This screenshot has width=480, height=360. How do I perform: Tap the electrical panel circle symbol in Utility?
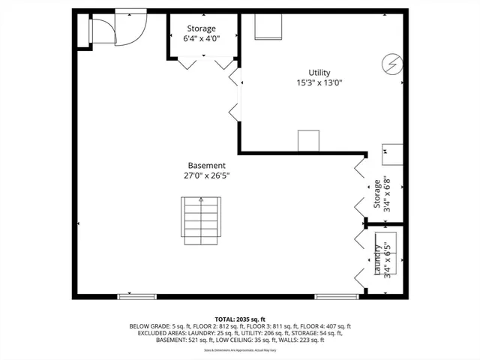pyautogui.click(x=391, y=61)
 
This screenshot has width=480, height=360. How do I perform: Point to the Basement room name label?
pyautogui.click(x=206, y=166)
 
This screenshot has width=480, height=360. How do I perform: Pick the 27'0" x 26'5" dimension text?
pyautogui.click(x=206, y=176)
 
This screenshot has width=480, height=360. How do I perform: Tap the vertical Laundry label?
pyautogui.click(x=378, y=259)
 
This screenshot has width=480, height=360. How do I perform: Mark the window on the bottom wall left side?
pyautogui.click(x=137, y=297)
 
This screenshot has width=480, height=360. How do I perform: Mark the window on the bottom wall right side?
pyautogui.click(x=332, y=297)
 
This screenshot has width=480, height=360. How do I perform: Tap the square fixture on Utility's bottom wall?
pyautogui.click(x=309, y=141)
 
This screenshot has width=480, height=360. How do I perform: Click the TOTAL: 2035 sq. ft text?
pyautogui.click(x=240, y=319)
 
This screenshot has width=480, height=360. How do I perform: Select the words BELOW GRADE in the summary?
pyautogui.click(x=151, y=327)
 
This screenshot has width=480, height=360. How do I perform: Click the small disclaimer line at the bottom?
pyautogui.click(x=240, y=349)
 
